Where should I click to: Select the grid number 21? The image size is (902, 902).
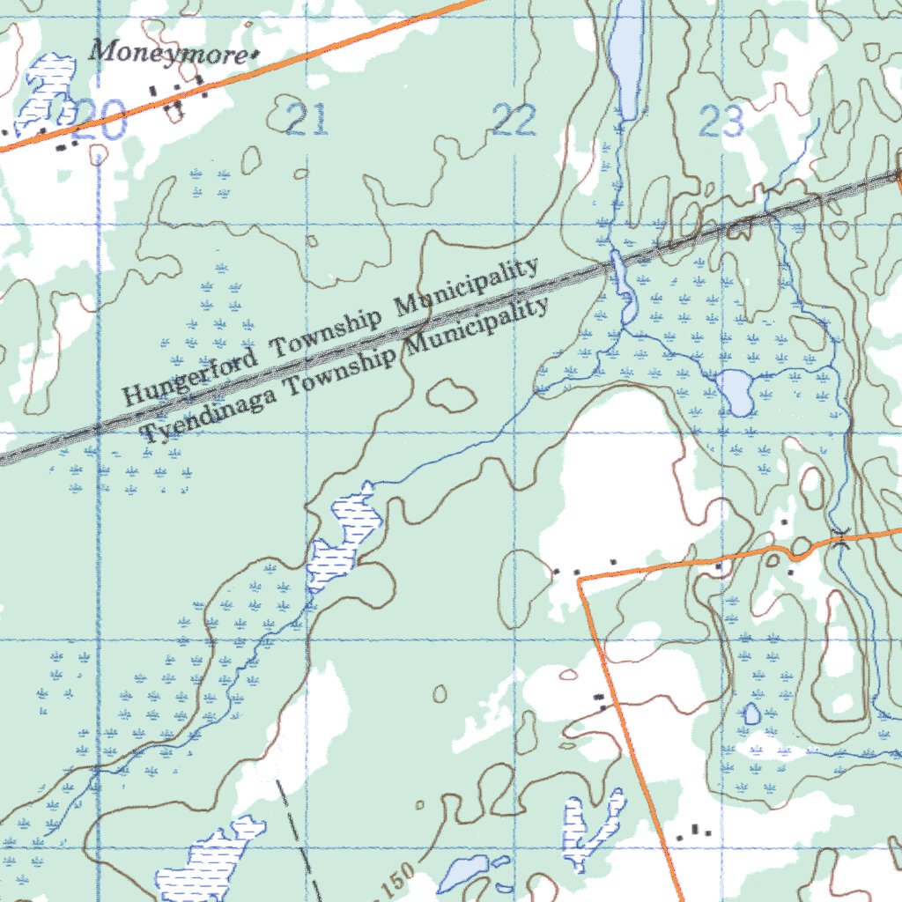tap(307, 120)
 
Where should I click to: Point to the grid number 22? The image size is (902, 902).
tap(514, 120)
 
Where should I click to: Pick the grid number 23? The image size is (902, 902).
tap(721, 121)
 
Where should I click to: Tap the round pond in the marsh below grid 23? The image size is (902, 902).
tap(735, 391)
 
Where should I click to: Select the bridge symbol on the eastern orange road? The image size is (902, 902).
tap(841, 535)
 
